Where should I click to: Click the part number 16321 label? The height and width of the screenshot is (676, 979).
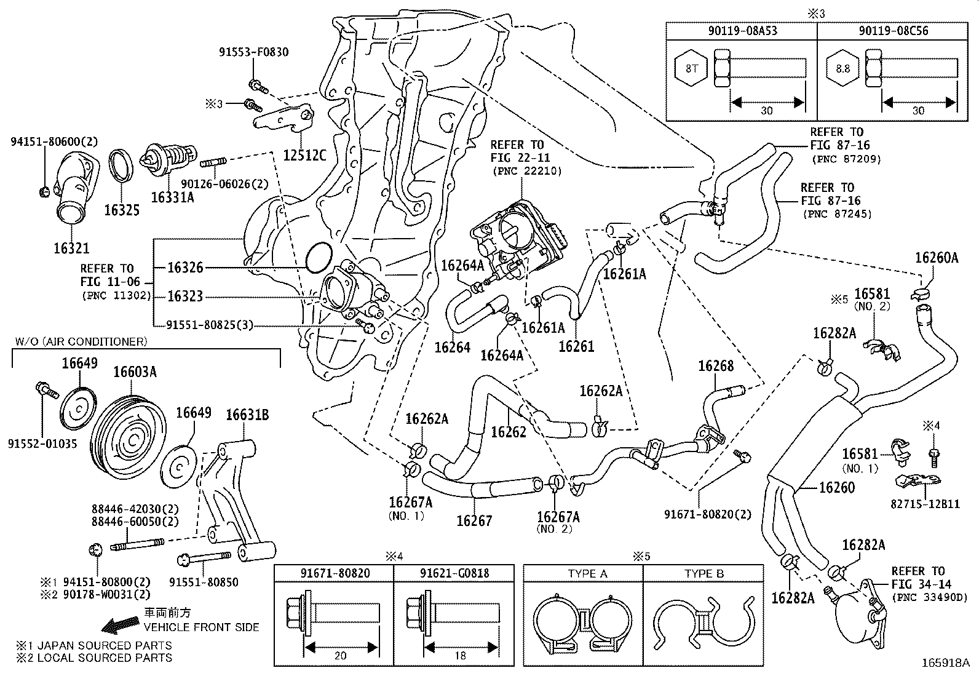point(71,249)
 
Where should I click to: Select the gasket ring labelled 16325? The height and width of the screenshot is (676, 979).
point(121,167)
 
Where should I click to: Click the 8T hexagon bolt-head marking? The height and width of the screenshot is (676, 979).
point(692,68)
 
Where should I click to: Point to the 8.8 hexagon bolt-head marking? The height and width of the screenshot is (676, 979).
point(842,68)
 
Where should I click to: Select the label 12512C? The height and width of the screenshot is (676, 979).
point(305,156)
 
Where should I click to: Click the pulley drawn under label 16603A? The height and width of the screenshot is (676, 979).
point(130,438)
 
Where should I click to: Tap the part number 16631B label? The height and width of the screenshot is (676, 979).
point(247,415)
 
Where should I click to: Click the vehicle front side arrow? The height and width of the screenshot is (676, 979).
point(121,626)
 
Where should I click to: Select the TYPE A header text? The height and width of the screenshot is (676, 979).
point(587,574)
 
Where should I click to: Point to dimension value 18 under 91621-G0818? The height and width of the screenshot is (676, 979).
point(459,656)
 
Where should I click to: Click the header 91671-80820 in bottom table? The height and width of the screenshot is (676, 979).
point(335,574)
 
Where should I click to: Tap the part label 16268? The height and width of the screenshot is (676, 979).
point(716,367)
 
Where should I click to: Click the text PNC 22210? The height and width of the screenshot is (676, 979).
point(527,171)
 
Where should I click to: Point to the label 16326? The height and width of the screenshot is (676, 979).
point(184,268)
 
